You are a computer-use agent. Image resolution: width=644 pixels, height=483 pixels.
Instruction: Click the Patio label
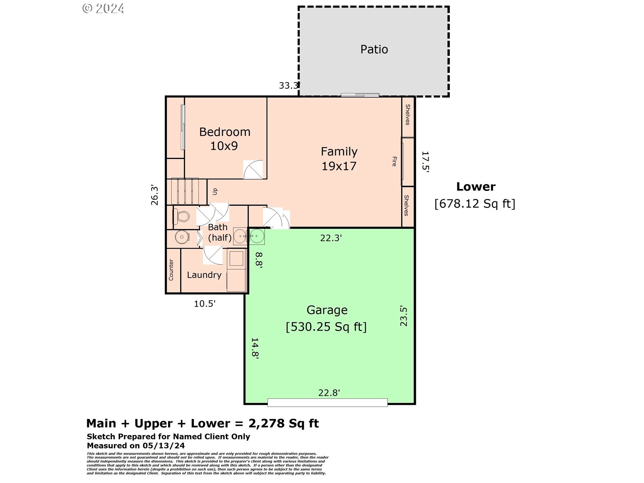(x=374, y=50)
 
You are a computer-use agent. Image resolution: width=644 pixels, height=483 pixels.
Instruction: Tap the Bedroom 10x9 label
(x=224, y=139)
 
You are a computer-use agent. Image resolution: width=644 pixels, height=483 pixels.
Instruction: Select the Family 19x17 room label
(x=339, y=159)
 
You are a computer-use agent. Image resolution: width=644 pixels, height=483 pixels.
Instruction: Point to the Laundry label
(x=204, y=275)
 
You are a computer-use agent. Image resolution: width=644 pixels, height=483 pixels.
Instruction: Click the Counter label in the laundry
(x=171, y=270)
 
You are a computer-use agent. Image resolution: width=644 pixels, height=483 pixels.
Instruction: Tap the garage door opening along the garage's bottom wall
(x=327, y=402)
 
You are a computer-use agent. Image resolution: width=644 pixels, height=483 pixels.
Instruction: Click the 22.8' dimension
(x=329, y=392)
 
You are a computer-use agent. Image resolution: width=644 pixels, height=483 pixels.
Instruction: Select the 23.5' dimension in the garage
(x=404, y=316)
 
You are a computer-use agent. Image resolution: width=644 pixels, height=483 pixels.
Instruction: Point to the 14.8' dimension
(x=255, y=348)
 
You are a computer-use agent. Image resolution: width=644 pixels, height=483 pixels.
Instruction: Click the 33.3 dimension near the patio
(x=288, y=86)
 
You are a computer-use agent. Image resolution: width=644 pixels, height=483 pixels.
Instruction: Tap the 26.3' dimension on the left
(x=154, y=195)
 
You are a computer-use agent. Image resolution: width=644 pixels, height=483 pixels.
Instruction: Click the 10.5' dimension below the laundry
(x=205, y=304)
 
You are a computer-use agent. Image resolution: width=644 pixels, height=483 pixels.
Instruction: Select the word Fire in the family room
(x=394, y=161)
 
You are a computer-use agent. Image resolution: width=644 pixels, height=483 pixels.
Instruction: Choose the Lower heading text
(x=476, y=186)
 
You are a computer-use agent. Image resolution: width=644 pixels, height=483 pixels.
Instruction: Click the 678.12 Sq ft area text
(x=475, y=203)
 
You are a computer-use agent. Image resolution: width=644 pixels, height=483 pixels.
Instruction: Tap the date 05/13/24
(x=164, y=445)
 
